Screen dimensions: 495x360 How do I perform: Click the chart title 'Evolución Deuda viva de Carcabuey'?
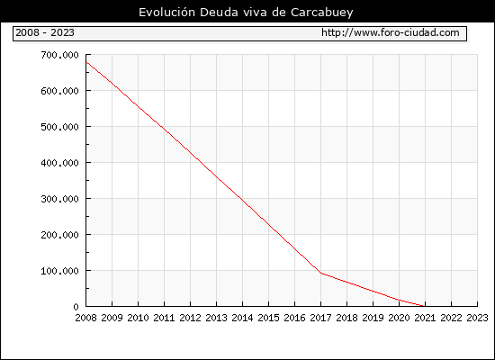[246, 13]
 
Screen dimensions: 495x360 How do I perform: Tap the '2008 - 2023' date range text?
[45, 32]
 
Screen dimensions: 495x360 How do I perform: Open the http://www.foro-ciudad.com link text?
[391, 32]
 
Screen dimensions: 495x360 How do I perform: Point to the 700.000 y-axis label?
[59, 55]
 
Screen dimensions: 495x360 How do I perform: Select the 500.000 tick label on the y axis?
[59, 127]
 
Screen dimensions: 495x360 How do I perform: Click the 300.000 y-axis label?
[59, 199]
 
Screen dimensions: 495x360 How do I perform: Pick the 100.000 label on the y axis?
[59, 271]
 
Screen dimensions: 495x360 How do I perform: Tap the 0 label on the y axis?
[76, 307]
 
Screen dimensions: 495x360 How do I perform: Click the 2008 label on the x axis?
[85, 318]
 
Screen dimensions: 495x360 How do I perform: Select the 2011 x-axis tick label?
[164, 318]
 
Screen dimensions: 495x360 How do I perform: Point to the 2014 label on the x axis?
[242, 318]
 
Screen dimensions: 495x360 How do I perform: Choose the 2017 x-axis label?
[320, 318]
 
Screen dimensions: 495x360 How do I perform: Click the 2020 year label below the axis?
[399, 318]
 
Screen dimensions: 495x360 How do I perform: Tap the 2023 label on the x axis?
[477, 318]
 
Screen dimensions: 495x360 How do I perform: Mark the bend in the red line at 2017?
[320, 273]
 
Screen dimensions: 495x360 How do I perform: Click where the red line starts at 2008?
[86, 62]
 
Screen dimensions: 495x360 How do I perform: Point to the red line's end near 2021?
[423, 306]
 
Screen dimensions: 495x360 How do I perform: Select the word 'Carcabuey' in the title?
[322, 13]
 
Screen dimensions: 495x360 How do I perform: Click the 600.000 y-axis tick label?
[59, 91]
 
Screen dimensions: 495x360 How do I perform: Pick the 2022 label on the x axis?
[451, 318]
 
